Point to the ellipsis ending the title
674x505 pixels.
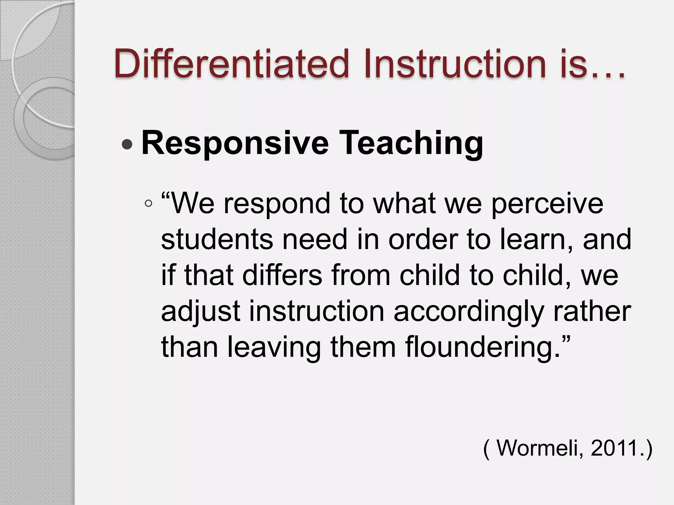tap(608, 74)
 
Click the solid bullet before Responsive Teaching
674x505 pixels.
tap(127, 144)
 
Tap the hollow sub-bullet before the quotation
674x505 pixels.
tap(148, 204)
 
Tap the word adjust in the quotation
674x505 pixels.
tap(201, 311)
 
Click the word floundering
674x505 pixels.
tap(482, 347)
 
